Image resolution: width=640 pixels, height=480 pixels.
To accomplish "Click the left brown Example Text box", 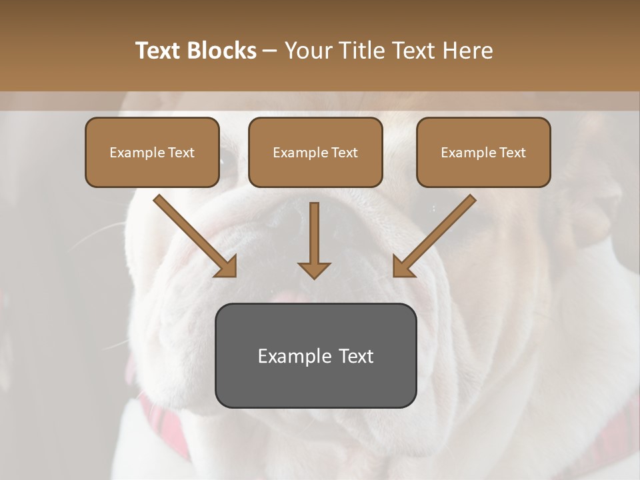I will tap(152, 152).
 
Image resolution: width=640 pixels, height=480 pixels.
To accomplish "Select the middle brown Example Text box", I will tap(315, 152).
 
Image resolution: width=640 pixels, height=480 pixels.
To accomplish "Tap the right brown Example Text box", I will tap(483, 152).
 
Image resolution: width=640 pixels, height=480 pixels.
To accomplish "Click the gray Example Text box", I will tap(315, 355).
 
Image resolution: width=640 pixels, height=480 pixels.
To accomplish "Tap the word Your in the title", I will tap(307, 51).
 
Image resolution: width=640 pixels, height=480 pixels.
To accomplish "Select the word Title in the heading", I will tap(363, 51).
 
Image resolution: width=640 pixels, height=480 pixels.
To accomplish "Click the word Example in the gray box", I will tap(290, 356).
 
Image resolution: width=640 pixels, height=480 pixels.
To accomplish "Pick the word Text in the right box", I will tap(511, 153).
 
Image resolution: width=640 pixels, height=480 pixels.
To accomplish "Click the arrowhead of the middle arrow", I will tap(314, 269).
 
